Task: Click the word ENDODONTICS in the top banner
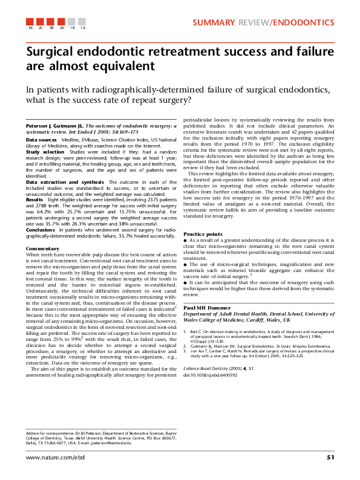[303, 23]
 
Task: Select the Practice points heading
[203, 234]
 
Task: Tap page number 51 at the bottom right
[330, 457]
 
